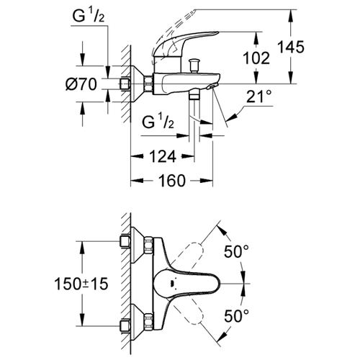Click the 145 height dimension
coord(291,47)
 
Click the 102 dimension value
coord(256,58)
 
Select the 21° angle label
coord(256,96)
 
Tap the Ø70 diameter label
coord(81,84)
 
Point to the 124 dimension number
coord(163,157)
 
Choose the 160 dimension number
coord(172,181)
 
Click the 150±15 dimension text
coord(81,284)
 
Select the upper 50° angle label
coord(236,251)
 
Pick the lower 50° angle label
coord(236,315)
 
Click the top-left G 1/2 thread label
coord(89,17)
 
